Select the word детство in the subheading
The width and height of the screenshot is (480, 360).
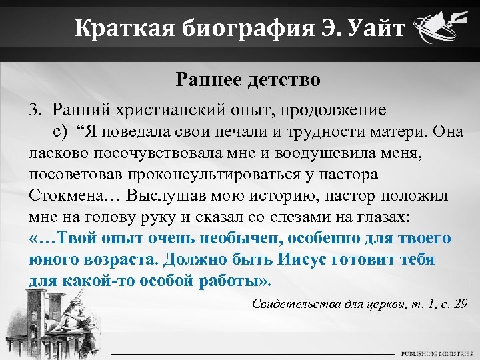(x=285, y=81)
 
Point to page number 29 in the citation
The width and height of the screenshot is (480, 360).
(x=459, y=304)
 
